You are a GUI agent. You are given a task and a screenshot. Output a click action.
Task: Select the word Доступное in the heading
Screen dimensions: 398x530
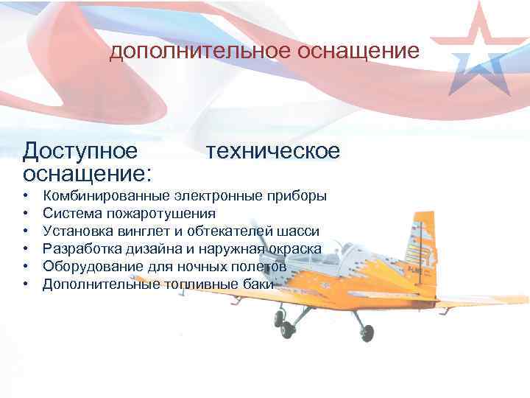80,151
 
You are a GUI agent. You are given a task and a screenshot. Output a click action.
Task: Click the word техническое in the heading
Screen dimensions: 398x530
273,151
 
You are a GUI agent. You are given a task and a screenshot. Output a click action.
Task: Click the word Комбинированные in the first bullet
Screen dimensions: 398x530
106,197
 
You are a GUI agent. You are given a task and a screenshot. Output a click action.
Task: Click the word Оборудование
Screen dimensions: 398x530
92,266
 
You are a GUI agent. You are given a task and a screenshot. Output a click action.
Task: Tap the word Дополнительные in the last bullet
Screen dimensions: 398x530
100,284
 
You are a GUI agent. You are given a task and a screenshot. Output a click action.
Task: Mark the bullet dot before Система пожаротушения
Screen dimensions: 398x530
25,214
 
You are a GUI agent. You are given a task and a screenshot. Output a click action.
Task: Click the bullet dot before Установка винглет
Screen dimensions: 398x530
25,231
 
